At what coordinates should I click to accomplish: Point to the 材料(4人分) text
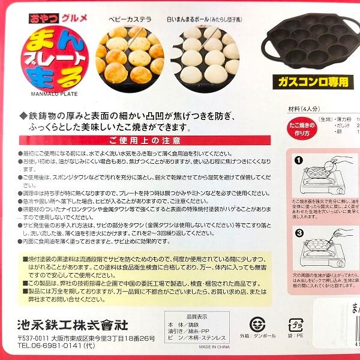[304, 109]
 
